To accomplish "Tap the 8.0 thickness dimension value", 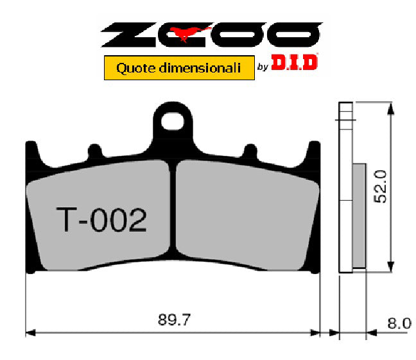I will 399,323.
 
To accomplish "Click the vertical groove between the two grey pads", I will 173,212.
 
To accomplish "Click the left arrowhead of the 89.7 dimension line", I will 30,333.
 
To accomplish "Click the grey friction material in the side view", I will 359,215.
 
